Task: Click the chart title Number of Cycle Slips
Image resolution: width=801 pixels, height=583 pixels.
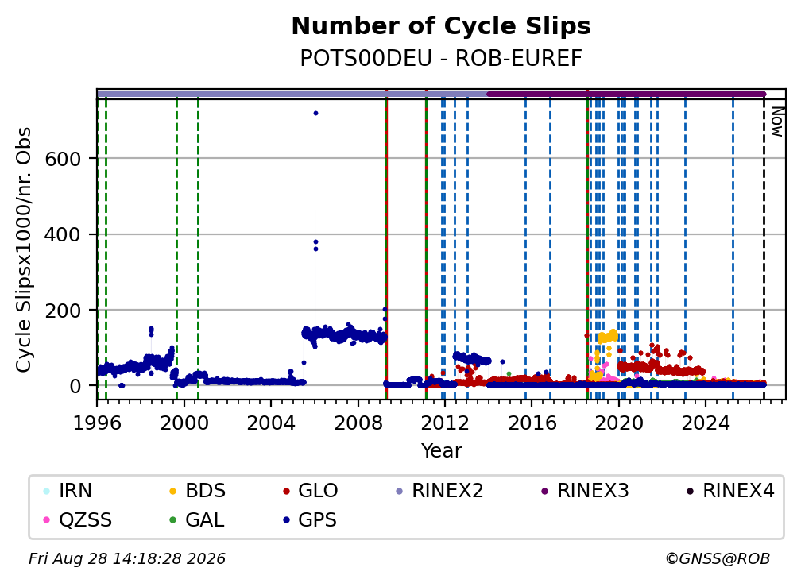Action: (441, 26)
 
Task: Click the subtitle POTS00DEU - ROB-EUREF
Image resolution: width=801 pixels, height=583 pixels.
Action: (441, 59)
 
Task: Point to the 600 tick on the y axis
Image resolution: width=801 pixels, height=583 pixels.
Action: (63, 159)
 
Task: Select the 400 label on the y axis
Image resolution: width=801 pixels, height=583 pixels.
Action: (63, 235)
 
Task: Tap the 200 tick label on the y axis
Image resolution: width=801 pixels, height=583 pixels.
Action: (63, 311)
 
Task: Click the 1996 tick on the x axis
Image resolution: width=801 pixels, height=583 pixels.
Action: (97, 423)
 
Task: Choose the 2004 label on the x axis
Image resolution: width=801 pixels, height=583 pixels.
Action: (271, 423)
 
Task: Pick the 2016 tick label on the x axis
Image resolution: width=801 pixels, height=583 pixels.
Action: (532, 423)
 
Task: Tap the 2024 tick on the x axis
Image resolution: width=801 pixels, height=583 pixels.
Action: (706, 423)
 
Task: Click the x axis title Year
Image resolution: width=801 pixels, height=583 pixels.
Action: (441, 451)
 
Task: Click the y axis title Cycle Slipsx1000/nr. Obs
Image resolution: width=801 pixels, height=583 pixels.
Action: (24, 249)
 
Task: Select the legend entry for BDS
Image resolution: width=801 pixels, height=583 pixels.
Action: (198, 491)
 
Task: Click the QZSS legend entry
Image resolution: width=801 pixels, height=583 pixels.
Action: (78, 520)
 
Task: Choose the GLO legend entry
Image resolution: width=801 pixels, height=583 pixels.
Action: (310, 491)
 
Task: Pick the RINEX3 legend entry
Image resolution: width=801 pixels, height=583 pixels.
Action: (585, 491)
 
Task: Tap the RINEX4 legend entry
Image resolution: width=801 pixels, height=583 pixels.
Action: (730, 491)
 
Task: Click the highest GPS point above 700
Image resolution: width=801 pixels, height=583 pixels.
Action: (315, 114)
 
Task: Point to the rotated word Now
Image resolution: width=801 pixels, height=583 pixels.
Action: (776, 122)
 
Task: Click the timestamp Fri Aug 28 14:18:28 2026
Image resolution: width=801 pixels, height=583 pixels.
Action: (127, 559)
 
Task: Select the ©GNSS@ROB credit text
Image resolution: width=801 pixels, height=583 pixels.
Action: (718, 559)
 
